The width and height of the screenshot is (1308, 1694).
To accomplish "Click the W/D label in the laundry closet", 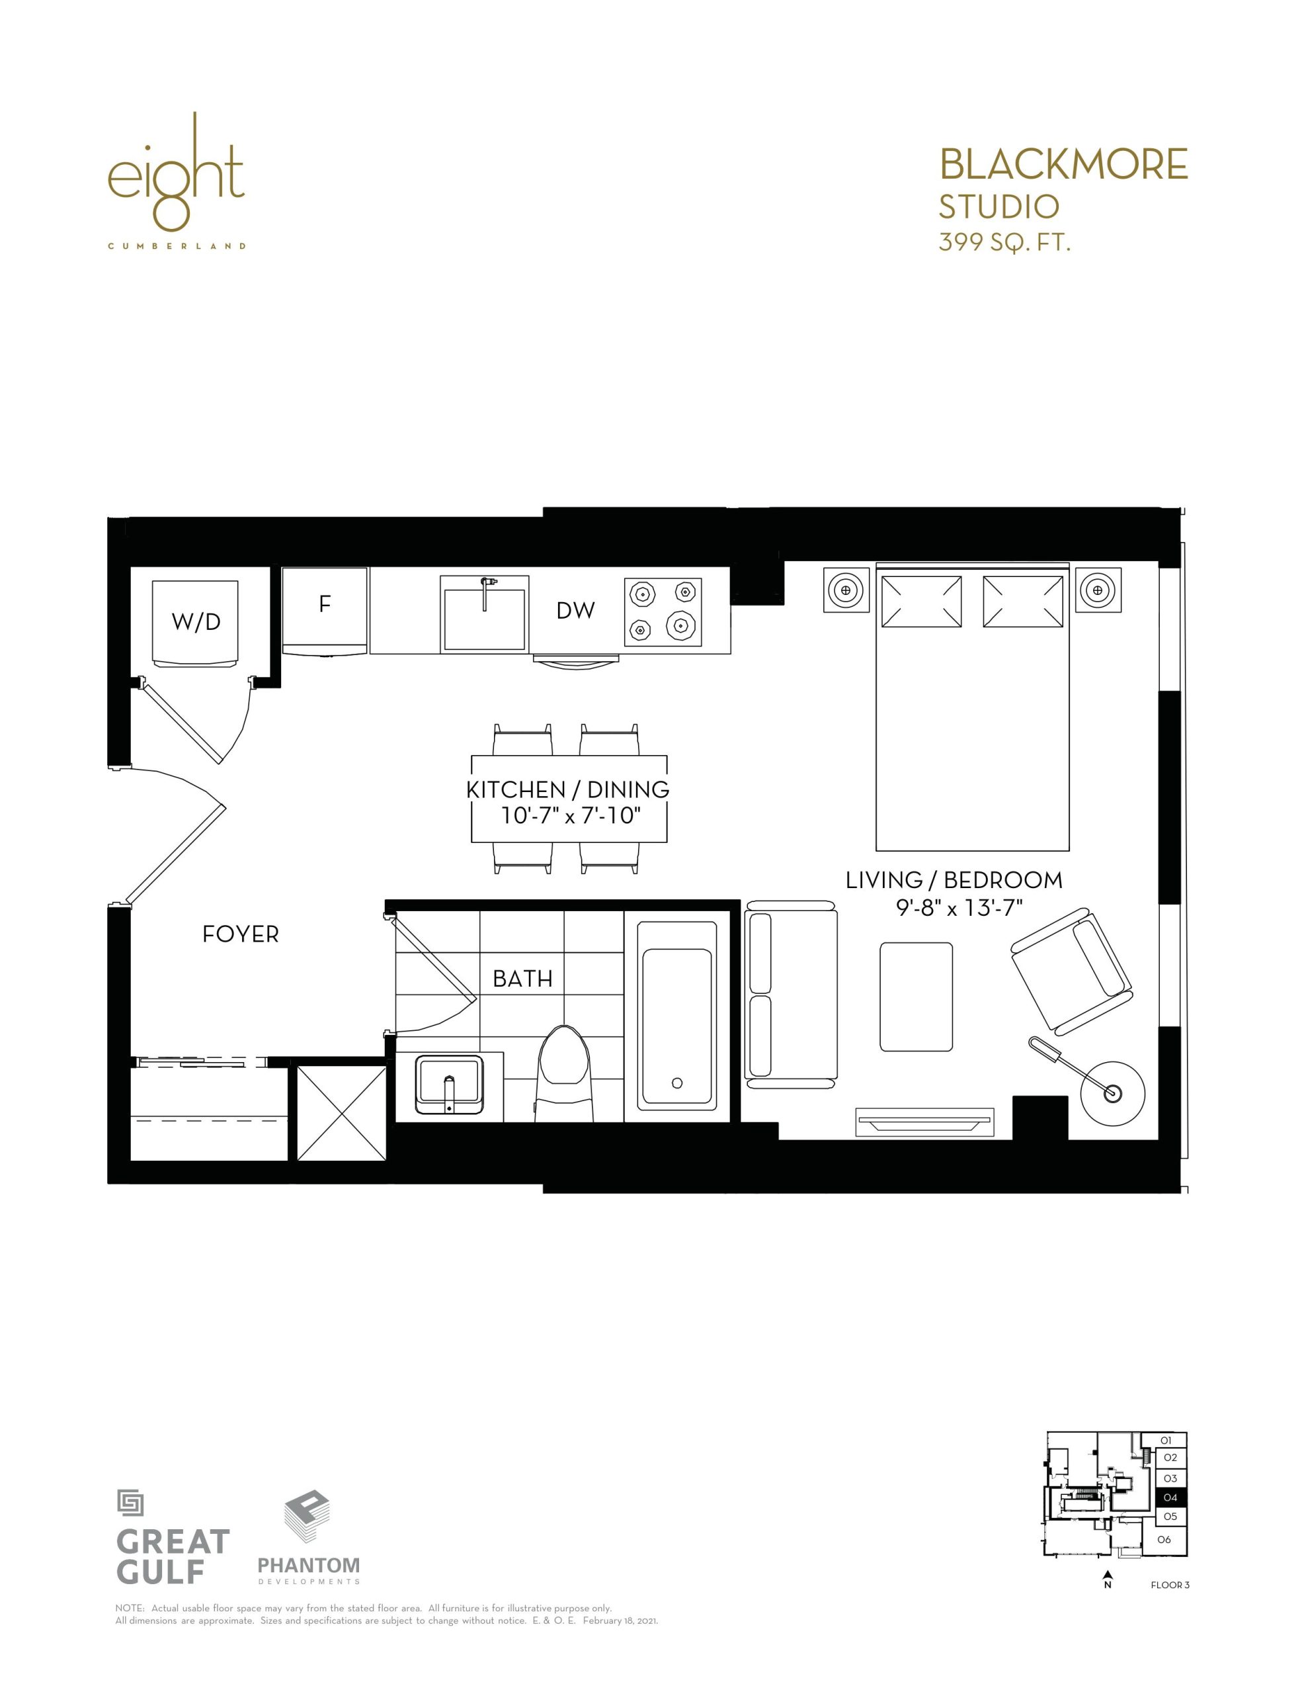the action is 196,621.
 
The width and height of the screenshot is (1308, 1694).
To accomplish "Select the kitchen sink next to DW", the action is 485,613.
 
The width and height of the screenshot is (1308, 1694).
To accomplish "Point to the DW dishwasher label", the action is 575,610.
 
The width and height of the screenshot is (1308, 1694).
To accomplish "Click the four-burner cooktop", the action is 663,612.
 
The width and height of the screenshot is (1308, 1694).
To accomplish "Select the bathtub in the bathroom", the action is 677,1015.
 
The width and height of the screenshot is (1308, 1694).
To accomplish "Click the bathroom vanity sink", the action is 449,1085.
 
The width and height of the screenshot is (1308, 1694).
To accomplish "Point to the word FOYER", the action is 240,934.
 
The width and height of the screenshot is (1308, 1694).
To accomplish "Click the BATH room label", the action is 522,979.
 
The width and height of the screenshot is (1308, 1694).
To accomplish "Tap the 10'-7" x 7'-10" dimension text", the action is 571,815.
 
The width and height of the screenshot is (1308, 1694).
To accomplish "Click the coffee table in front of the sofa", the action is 917,997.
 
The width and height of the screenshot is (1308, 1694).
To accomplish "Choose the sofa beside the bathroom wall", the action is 791,995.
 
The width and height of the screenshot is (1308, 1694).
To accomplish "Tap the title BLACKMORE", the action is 1063,163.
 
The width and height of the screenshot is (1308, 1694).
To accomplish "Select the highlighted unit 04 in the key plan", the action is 1170,1497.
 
